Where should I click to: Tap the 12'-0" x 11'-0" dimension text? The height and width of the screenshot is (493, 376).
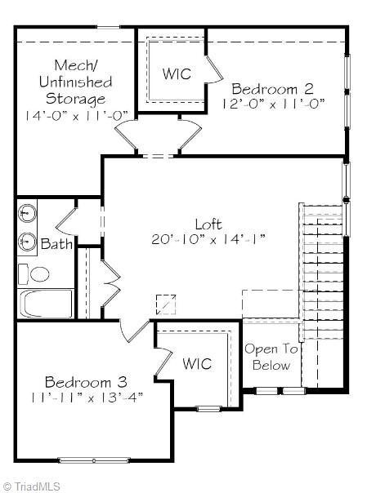coord(274,104)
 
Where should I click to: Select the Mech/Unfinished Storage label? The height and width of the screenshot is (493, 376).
coord(74,82)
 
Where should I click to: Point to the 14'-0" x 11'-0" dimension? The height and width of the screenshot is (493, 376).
coord(74,115)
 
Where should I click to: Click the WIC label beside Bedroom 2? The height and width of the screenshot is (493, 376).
coord(176,73)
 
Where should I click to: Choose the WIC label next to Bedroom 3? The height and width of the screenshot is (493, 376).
coord(197,363)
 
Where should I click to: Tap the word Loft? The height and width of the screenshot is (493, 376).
coord(208,224)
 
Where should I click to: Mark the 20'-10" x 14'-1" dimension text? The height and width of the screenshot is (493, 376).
coord(208,239)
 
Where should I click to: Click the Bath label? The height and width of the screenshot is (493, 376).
coord(56,243)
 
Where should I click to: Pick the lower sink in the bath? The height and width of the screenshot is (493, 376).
coord(28,242)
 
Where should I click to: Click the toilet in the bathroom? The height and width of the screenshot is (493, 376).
coord(28,273)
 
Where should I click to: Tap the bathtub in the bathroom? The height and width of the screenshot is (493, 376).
coord(45,304)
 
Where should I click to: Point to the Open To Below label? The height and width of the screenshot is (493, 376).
coord(271,357)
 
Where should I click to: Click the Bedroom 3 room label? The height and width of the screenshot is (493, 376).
coord(86,382)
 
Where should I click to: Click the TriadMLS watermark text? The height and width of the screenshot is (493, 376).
coord(32,485)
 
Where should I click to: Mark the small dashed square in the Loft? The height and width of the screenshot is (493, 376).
coord(166,303)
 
